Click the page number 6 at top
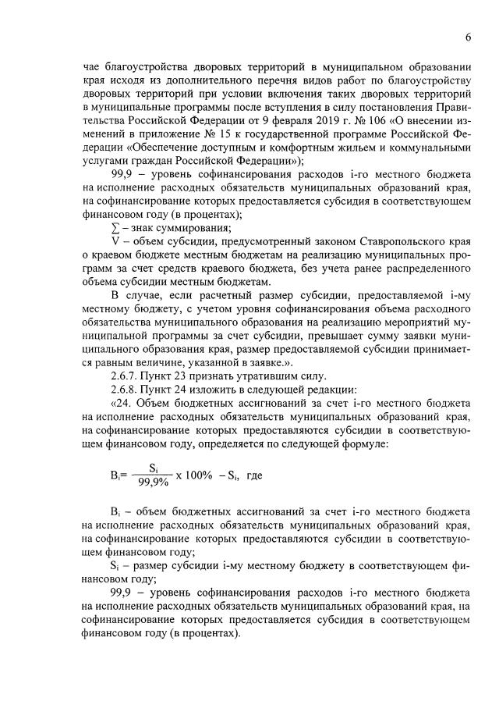(468, 37)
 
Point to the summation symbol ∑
(115, 227)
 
